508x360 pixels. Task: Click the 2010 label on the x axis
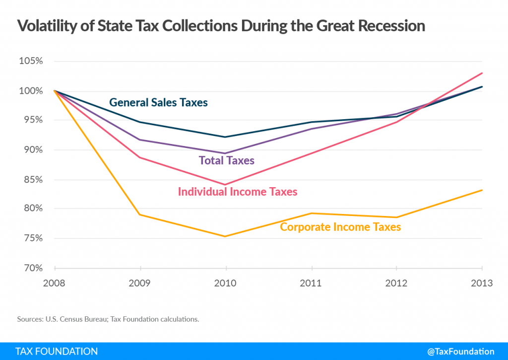(226, 284)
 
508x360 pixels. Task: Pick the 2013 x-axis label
(481, 284)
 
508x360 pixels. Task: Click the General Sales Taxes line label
(158, 103)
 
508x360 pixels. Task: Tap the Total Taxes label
(226, 160)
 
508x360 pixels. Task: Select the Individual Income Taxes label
(238, 191)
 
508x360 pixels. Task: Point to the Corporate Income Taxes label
(340, 227)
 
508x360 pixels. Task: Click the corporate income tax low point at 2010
(226, 236)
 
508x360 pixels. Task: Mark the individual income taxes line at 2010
(226, 185)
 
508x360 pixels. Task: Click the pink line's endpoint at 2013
(482, 73)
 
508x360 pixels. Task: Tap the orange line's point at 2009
(141, 215)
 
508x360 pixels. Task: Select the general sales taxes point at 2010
(226, 137)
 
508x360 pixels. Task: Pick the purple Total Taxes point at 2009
(141, 140)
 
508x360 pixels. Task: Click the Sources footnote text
(108, 319)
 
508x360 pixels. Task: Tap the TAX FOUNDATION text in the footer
(57, 351)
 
